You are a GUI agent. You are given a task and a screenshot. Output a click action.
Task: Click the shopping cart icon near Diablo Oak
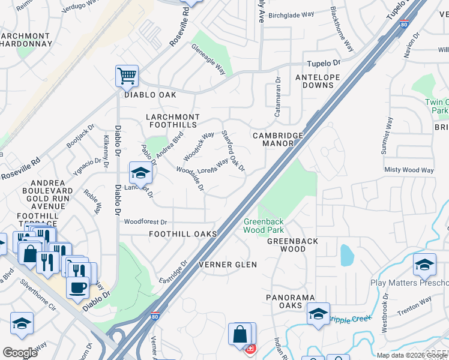click(127, 76)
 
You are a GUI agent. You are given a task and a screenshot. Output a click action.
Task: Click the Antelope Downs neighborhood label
click(318, 82)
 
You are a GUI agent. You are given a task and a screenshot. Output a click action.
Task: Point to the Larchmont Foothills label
click(172, 120)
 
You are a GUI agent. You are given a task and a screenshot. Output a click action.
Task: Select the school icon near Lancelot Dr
click(140, 173)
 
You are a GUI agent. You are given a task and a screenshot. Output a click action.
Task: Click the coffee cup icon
click(77, 287)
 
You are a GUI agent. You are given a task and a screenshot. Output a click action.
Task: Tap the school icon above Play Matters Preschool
click(424, 264)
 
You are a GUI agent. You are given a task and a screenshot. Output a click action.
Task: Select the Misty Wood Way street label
click(409, 170)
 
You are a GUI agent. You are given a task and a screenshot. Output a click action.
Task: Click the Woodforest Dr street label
click(145, 222)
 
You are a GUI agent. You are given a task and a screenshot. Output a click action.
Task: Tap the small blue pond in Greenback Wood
click(346, 255)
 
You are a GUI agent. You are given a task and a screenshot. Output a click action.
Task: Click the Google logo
click(20, 353)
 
